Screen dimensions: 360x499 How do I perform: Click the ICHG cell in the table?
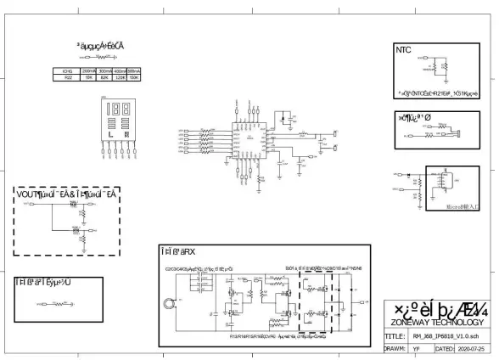point(67,70)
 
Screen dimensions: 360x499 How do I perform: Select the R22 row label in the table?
point(67,77)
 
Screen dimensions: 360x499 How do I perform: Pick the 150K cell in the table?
point(133,77)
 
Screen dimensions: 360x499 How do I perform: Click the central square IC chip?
point(252,136)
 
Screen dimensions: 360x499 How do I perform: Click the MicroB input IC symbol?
point(444,181)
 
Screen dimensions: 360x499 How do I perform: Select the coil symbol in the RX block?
point(171,301)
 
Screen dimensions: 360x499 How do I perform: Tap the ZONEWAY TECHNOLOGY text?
point(437,323)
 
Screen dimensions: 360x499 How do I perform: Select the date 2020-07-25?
point(474,348)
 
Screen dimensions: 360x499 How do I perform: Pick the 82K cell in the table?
point(104,77)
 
